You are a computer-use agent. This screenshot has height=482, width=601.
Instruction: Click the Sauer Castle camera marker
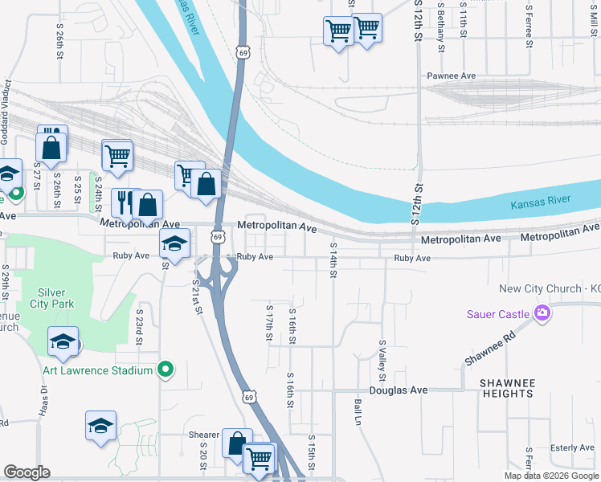point(542,312)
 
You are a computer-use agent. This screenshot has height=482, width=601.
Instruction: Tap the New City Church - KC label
point(550,289)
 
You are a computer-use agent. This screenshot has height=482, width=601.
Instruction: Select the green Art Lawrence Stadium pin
point(166,370)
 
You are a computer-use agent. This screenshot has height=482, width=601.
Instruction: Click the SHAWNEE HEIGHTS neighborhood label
point(506,388)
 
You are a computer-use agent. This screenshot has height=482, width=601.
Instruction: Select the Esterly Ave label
point(572,447)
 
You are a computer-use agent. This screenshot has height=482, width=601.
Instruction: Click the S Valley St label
point(382,360)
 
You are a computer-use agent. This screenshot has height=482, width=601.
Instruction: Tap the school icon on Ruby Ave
point(174,243)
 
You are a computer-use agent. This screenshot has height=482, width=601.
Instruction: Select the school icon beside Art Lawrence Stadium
point(63,342)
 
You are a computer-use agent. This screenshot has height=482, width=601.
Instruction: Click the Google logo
point(27,472)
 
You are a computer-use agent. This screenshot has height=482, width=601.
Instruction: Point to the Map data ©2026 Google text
point(550,476)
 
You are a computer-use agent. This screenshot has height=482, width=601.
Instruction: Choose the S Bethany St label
point(441,28)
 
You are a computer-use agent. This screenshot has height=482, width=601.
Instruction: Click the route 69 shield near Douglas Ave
point(250,397)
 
